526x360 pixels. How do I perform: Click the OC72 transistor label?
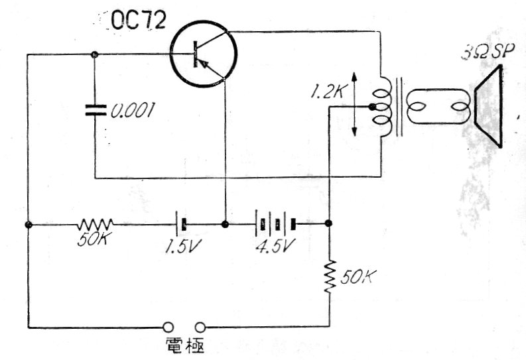(139, 20)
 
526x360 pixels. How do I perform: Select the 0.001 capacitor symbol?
(96, 110)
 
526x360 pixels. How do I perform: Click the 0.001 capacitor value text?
(133, 110)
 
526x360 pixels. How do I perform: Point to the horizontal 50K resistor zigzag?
(96, 224)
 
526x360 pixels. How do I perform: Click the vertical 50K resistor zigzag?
(330, 277)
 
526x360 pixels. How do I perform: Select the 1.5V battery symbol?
(180, 224)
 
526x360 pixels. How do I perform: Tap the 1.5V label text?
(183, 247)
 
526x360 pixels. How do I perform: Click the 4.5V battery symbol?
(276, 224)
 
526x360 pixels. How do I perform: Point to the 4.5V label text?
(276, 247)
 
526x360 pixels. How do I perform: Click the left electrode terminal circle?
(168, 327)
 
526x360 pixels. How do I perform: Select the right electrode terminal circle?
(200, 327)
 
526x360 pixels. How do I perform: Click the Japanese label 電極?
(185, 345)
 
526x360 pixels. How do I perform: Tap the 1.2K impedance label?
(327, 91)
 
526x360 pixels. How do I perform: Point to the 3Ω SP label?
(487, 52)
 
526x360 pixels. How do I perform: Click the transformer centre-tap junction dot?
(371, 107)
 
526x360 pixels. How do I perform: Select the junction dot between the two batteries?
(225, 224)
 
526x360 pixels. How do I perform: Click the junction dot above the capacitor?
(95, 54)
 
